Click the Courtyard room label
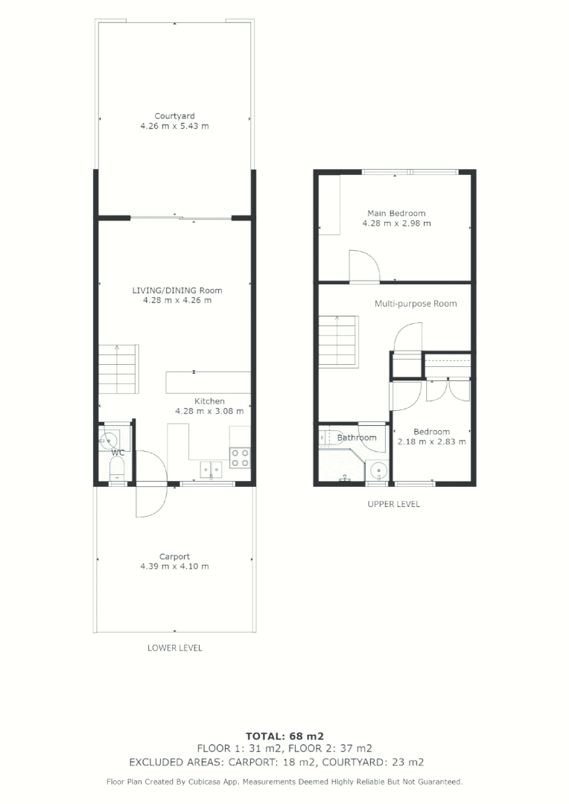click(x=174, y=116)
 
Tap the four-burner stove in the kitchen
click(x=240, y=457)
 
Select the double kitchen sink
click(x=210, y=469)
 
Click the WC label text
click(x=118, y=452)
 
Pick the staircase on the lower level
click(x=118, y=370)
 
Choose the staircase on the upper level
click(x=339, y=340)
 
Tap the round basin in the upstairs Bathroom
click(x=378, y=470)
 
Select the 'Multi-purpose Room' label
click(x=416, y=304)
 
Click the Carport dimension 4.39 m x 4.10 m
click(x=174, y=567)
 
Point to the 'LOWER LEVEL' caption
click(x=174, y=648)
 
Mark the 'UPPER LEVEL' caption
click(x=393, y=504)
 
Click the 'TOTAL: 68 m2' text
click(x=284, y=735)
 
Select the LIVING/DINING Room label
click(x=177, y=290)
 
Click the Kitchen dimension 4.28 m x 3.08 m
click(x=209, y=410)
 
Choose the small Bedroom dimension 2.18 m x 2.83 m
click(x=431, y=441)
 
